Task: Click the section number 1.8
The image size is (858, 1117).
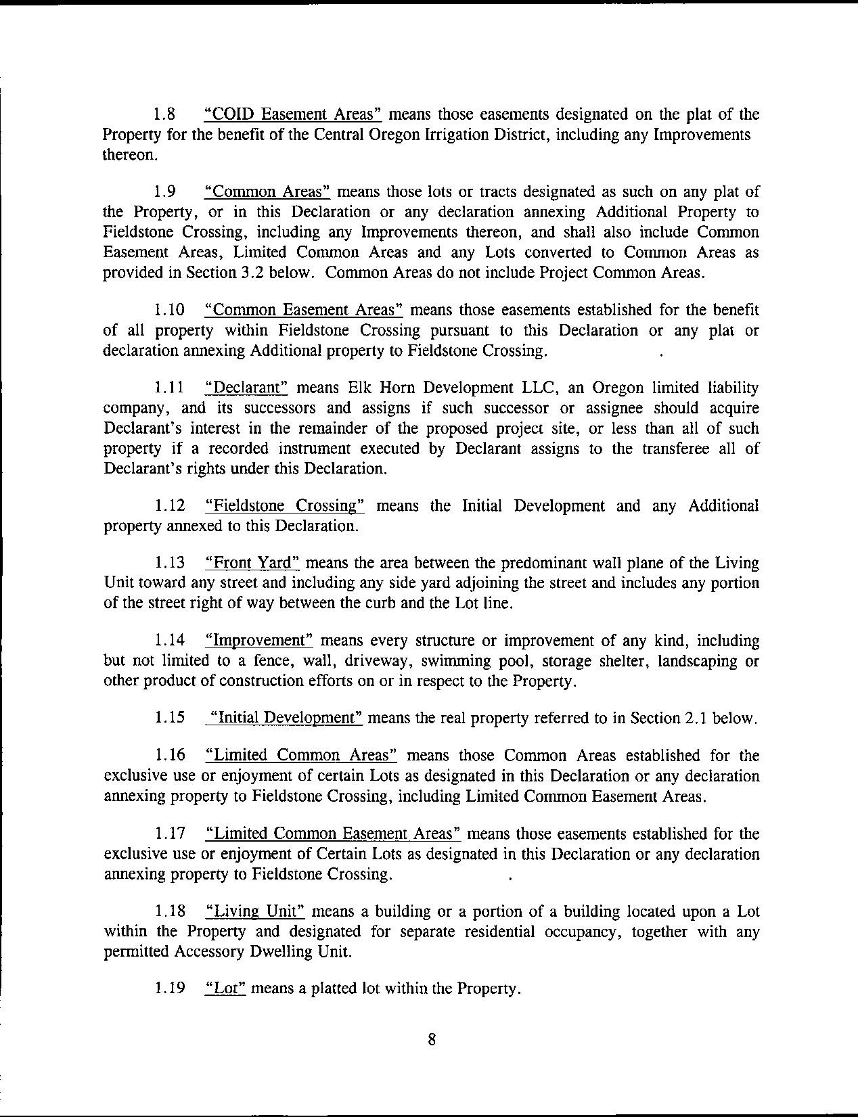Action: pos(165,114)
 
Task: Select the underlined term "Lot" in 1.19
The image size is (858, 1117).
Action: pos(224,988)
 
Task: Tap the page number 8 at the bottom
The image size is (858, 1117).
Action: pos(432,1040)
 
